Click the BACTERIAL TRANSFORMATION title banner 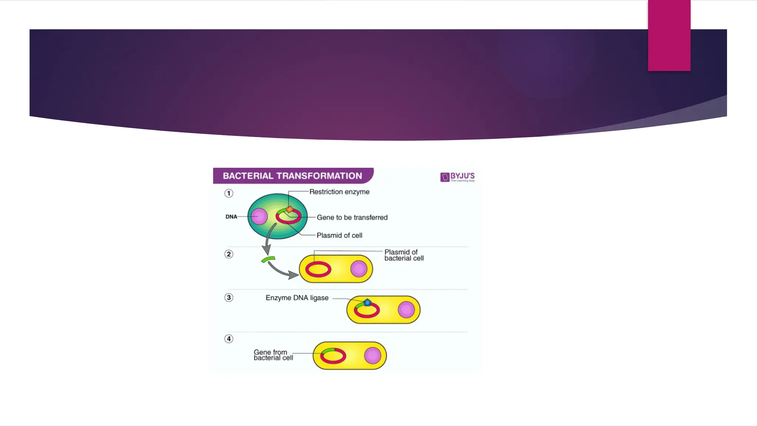coord(292,176)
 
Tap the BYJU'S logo coord(457,177)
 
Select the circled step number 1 coord(229,193)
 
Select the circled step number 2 coord(229,254)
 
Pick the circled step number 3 coord(229,298)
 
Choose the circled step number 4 coord(229,339)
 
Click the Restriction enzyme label coord(339,192)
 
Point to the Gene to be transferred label coord(352,217)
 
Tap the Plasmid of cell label coord(339,236)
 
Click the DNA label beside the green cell coord(231,217)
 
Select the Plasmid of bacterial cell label coord(404,255)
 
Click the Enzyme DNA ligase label coord(297,298)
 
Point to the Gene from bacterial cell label coord(273,355)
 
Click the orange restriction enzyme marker coord(290,210)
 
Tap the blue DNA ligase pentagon coord(367,302)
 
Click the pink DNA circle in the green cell coord(259,216)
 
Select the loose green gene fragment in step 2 coord(268,259)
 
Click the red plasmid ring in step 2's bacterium coord(318,269)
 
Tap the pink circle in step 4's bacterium coord(372,356)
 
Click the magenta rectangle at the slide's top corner coord(669,35)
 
